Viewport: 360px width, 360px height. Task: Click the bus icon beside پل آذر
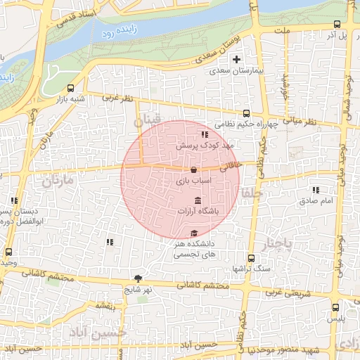click(337, 24)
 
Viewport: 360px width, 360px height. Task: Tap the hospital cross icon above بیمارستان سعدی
click(237, 60)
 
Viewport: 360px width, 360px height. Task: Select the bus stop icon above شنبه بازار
click(70, 89)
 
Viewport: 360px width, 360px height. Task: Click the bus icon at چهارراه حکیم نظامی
click(246, 113)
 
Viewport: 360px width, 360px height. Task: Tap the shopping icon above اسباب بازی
click(193, 169)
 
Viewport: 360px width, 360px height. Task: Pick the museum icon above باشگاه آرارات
click(196, 202)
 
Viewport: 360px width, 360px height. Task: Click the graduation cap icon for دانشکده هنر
click(194, 234)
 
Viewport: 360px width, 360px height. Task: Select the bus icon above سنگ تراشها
click(251, 258)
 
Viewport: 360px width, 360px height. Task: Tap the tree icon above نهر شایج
click(138, 278)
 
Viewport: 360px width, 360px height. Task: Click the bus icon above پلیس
click(335, 307)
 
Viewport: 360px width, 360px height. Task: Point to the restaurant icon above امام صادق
click(316, 190)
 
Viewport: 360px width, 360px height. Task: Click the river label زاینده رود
click(116, 32)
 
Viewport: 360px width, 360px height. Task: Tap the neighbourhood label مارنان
click(57, 181)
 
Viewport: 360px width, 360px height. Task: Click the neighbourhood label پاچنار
click(276, 245)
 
